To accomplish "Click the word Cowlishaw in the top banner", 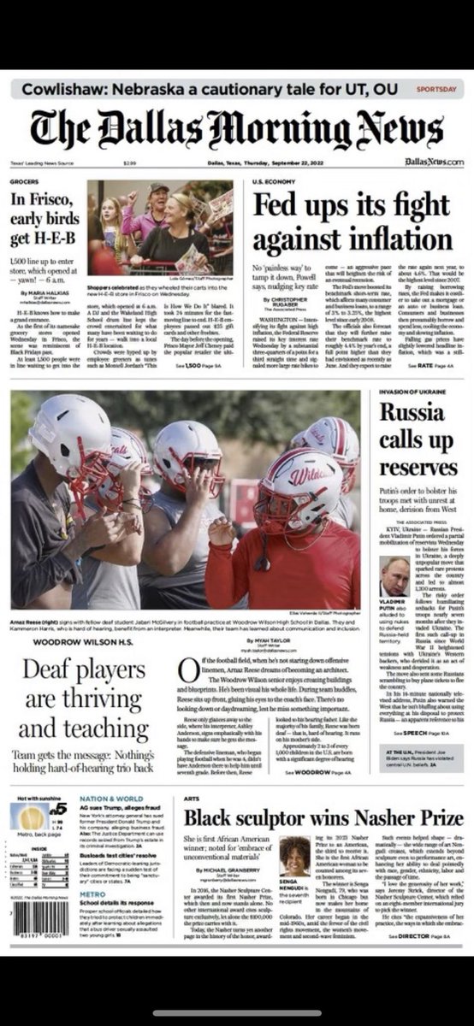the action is click(x=64, y=89).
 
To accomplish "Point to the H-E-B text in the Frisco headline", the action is click(x=42, y=240).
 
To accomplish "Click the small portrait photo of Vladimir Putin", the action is click(x=394, y=576).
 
